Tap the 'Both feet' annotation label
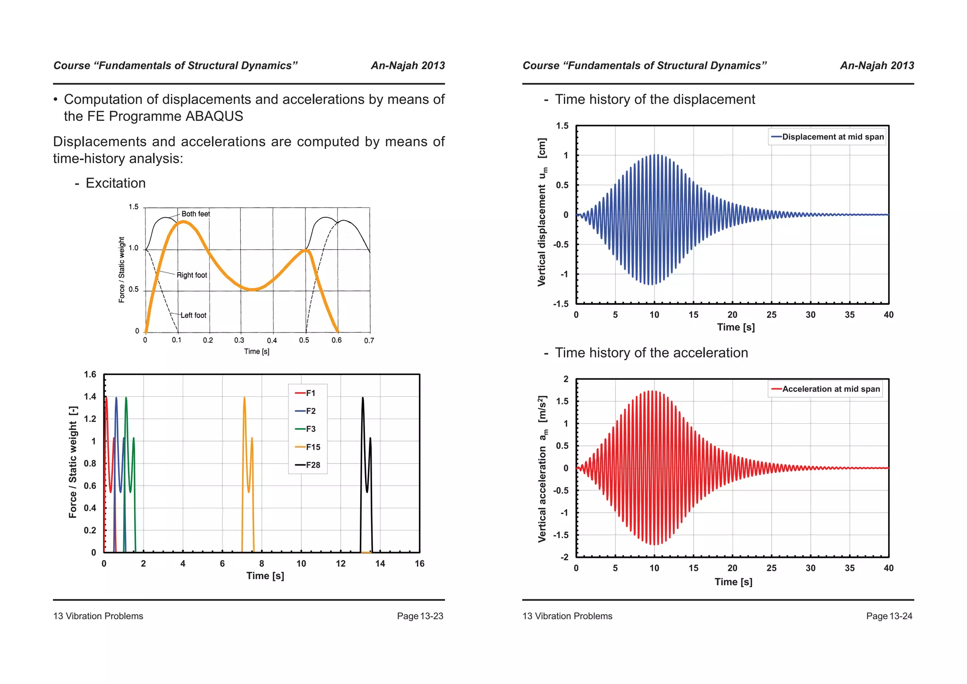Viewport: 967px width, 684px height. coord(195,214)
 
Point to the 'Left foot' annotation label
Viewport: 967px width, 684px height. coord(193,316)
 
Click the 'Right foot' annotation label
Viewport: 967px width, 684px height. coord(192,275)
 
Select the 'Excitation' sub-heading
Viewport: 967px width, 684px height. coord(116,183)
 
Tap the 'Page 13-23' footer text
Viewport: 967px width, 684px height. coord(420,616)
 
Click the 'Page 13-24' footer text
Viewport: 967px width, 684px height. coord(889,616)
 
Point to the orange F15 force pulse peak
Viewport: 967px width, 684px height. coord(244,398)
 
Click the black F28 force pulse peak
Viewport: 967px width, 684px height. coord(363,398)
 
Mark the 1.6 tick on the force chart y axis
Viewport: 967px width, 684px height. coord(90,375)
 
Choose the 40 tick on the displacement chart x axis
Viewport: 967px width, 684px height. coord(888,315)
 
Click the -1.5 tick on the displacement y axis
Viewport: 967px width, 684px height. coord(561,304)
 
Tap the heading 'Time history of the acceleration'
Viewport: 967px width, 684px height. coord(651,353)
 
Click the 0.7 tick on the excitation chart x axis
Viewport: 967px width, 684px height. coord(369,341)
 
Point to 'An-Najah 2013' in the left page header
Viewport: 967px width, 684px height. coord(407,66)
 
